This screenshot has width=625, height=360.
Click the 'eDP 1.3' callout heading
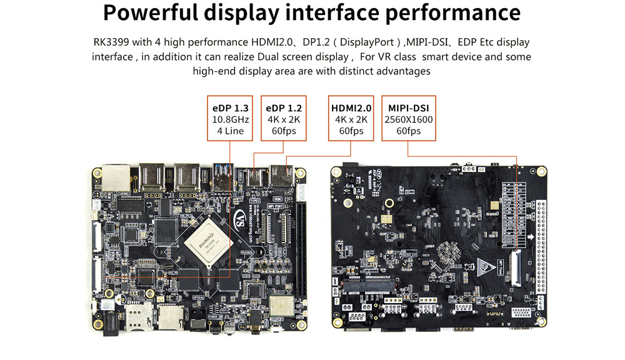tap(229, 107)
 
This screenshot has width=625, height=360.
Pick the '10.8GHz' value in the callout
tap(229, 119)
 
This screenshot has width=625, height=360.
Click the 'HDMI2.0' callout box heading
tap(351, 107)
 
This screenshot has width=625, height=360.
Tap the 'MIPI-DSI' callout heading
tap(408, 107)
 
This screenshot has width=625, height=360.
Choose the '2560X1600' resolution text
tap(408, 119)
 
